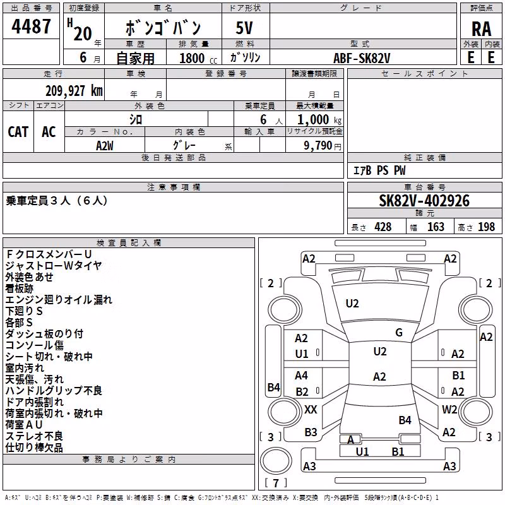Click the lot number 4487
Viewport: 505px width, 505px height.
tap(31, 27)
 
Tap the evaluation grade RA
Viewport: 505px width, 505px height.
tap(481, 29)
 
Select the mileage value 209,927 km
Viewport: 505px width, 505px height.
tap(74, 91)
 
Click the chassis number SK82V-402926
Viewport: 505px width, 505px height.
tap(424, 201)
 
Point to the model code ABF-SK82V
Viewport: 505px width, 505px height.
tap(362, 58)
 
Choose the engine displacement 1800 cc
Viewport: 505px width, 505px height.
tap(198, 58)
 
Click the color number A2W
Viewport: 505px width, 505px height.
tap(105, 146)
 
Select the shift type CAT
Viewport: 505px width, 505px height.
tap(18, 132)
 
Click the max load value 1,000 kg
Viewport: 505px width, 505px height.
tap(319, 120)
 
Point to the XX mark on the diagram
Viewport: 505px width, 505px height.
tap(311, 410)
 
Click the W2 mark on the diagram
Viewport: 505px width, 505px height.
tap(449, 409)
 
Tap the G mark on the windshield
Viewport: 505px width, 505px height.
tap(399, 333)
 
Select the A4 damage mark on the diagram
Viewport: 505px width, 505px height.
tap(301, 376)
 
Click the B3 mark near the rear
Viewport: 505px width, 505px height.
tap(311, 432)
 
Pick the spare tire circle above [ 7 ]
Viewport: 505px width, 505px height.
tap(276, 461)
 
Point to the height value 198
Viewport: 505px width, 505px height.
tap(486, 227)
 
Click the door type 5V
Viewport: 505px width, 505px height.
tap(244, 28)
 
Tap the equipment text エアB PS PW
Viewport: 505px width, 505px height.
tap(379, 170)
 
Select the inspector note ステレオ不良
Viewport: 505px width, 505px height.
tap(34, 436)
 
